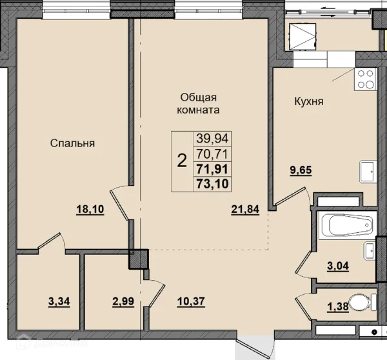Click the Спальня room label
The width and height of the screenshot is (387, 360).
[72, 143]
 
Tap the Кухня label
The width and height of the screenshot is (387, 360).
[309, 101]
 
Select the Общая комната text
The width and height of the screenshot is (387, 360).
[198, 104]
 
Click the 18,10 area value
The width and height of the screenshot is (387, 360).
[90, 210]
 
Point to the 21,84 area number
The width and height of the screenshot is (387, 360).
[245, 210]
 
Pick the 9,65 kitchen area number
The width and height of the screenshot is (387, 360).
[301, 170]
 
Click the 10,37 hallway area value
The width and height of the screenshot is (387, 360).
[191, 301]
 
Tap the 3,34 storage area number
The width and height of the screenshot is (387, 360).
[59, 301]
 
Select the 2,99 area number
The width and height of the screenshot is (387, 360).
[123, 301]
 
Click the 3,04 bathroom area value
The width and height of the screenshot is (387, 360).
[338, 266]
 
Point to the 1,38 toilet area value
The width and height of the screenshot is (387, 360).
[337, 307]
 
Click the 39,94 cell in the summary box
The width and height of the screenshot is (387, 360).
[212, 138]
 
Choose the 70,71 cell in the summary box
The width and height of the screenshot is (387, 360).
[212, 154]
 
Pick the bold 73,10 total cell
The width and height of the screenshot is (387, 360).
[212, 184]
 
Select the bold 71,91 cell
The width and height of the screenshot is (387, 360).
[212, 170]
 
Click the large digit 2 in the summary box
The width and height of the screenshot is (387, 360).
[182, 161]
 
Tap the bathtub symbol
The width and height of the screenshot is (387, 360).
[348, 225]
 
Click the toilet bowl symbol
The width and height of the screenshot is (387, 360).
[362, 303]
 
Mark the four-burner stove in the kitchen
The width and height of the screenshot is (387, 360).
[366, 79]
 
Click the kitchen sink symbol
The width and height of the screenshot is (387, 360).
[368, 172]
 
